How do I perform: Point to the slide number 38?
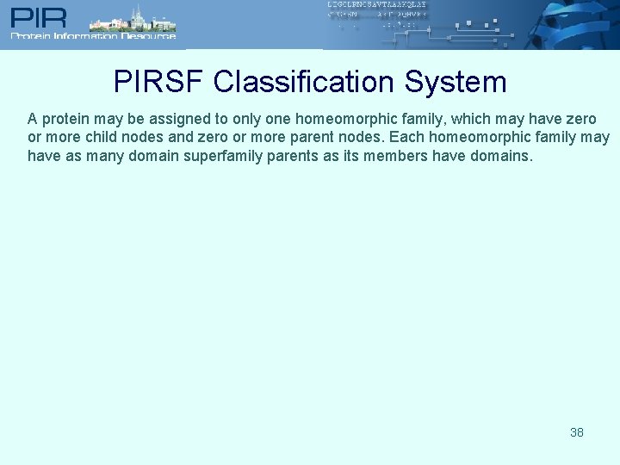[577, 432]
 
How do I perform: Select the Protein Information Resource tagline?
[93, 36]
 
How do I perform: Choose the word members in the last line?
[393, 157]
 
